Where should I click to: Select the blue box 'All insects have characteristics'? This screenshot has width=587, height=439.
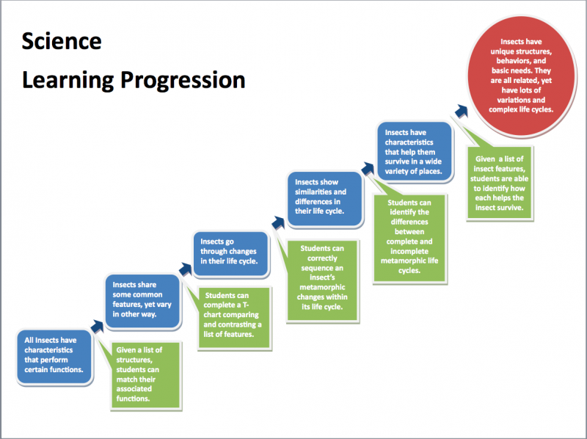(x=55, y=355)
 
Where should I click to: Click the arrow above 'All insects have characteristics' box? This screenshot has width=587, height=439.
(x=97, y=324)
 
